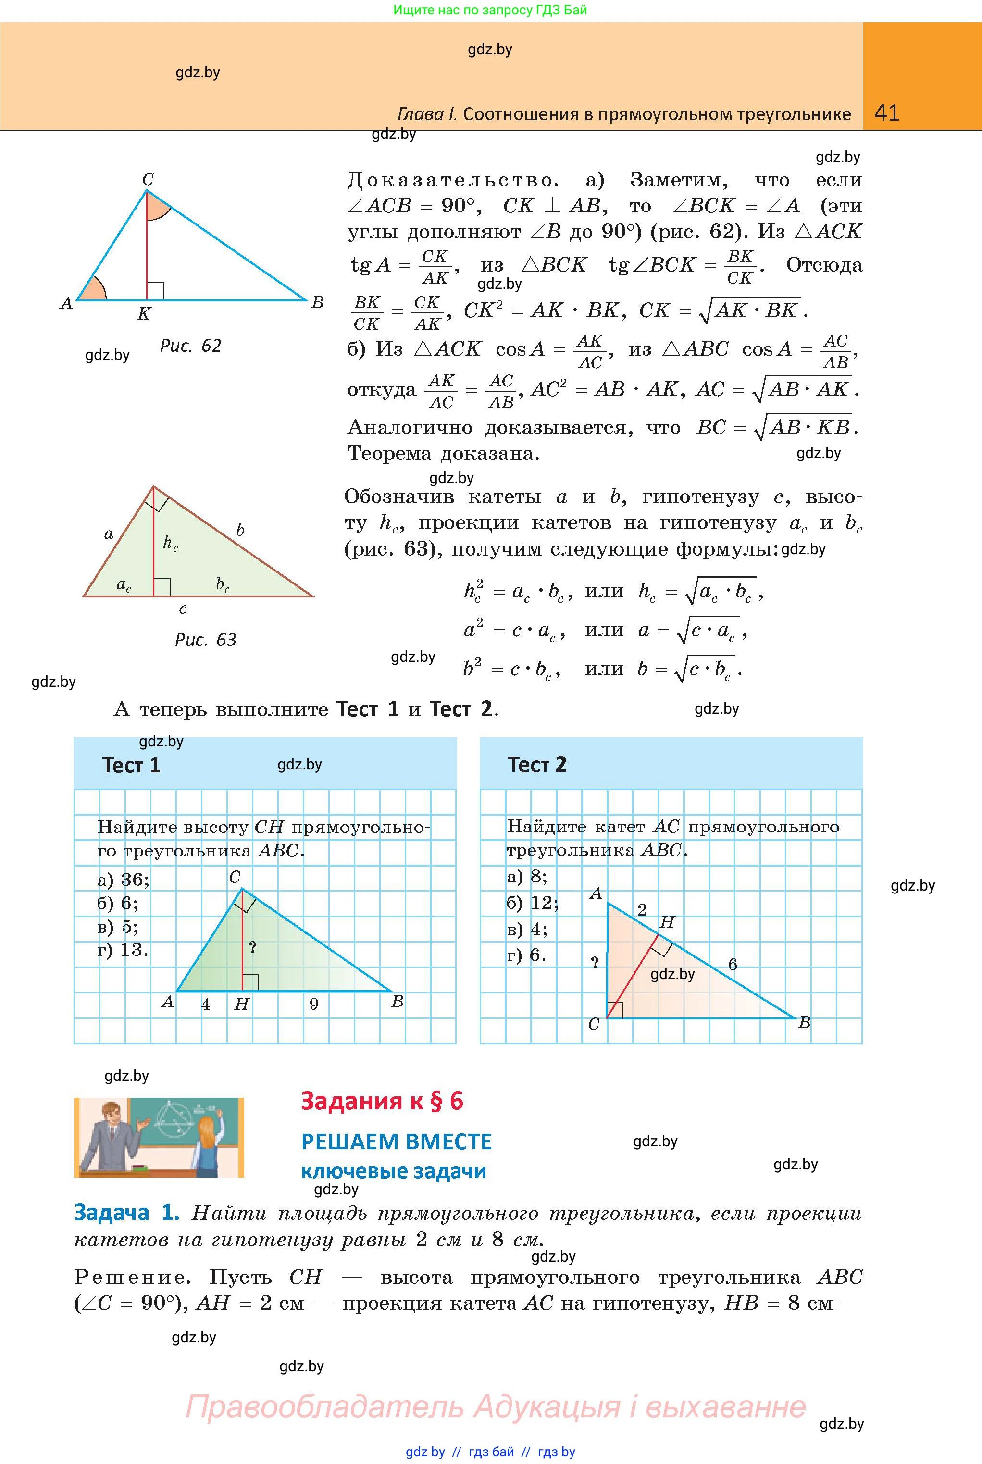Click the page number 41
click(886, 113)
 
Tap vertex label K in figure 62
click(144, 314)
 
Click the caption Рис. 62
click(190, 346)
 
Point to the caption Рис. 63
click(205, 639)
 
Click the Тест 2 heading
click(537, 765)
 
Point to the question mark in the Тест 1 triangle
click(252, 947)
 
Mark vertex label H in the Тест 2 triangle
click(667, 922)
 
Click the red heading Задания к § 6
click(382, 1101)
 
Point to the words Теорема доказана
click(443, 453)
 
